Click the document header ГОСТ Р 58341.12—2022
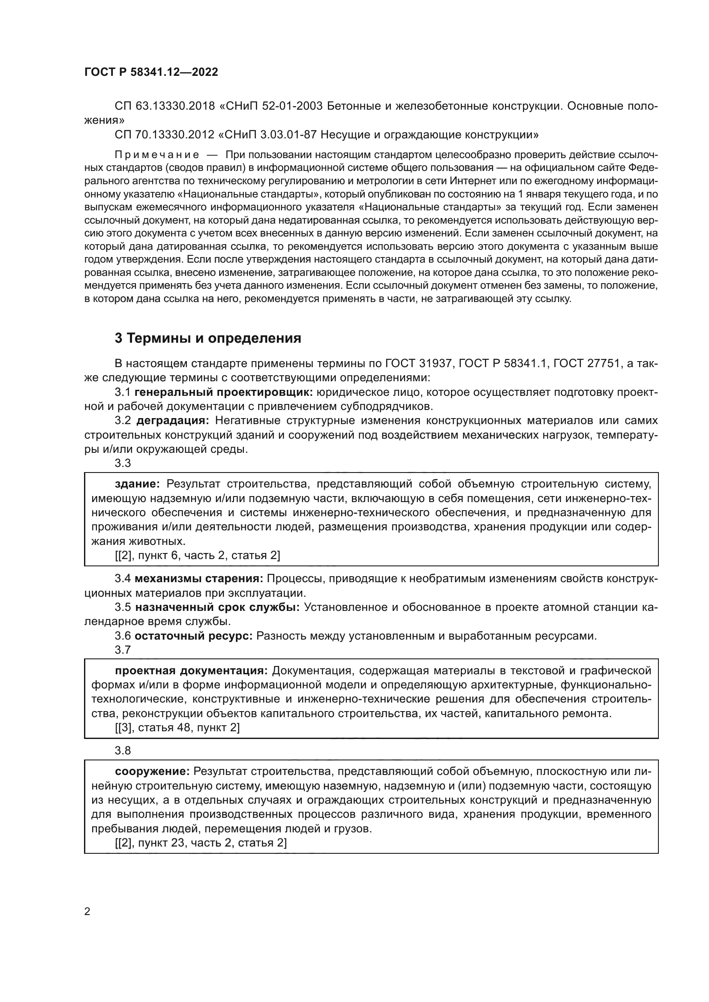click(x=151, y=72)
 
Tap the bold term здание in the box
click(x=138, y=484)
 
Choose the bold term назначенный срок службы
click(x=217, y=607)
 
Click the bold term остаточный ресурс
click(x=193, y=636)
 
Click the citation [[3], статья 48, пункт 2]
click(x=177, y=727)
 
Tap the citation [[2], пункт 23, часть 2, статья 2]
click(x=201, y=843)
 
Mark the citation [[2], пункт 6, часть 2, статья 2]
click(x=197, y=556)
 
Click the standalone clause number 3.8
click(x=123, y=751)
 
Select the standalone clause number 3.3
click(x=123, y=463)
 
